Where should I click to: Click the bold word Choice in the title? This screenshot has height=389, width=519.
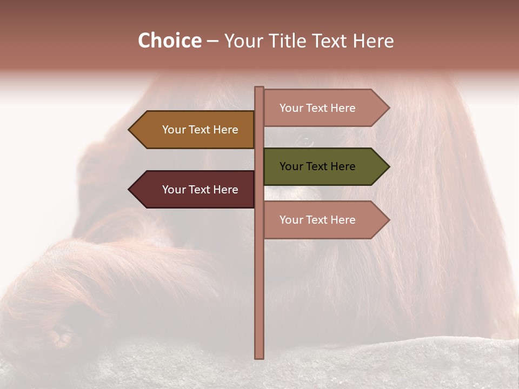coord(169,41)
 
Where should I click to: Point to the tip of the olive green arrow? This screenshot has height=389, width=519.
coord(388,166)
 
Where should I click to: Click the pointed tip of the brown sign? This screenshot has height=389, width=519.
coord(130,130)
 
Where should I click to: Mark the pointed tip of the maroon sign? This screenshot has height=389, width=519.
coord(130,190)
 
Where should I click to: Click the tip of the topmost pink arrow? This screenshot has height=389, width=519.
coord(388,108)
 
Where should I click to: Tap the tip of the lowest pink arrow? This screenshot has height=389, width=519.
coord(388,220)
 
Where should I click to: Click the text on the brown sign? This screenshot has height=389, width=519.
coord(200,130)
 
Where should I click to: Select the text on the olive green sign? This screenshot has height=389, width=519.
coord(317,166)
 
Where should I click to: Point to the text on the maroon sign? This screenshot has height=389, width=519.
coord(200,190)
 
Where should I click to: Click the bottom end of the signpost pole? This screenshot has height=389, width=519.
coord(259,357)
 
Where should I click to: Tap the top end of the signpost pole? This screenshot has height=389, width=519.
coord(259,88)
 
